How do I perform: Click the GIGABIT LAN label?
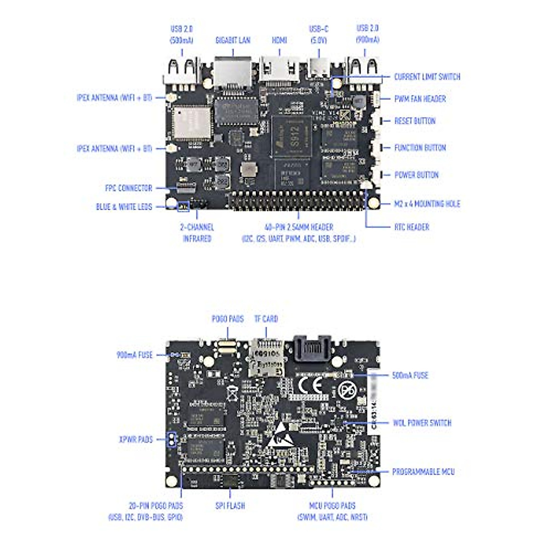click(x=233, y=40)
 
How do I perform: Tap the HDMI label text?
click(x=279, y=40)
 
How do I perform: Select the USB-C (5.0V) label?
click(x=318, y=34)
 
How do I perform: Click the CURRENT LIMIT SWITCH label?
click(x=427, y=77)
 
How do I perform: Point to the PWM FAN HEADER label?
click(x=420, y=99)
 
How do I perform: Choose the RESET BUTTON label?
click(x=414, y=121)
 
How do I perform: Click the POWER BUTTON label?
click(x=416, y=175)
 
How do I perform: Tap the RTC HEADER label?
click(x=412, y=227)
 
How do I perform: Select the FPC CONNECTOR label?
click(x=128, y=188)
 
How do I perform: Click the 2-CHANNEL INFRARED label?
click(x=197, y=233)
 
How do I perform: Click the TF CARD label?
click(x=266, y=319)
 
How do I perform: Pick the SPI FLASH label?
click(x=230, y=506)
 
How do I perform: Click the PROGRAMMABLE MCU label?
click(x=423, y=471)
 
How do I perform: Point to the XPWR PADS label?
click(x=136, y=439)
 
